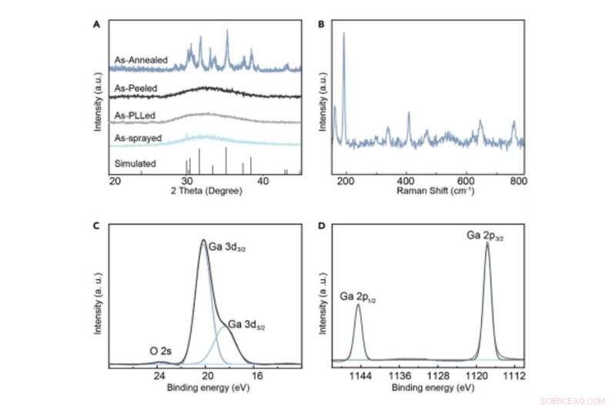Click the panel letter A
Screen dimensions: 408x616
click(96, 24)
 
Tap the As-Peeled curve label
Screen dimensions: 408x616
click(136, 89)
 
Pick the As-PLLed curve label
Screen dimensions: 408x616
click(136, 115)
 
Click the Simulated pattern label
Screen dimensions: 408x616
click(136, 164)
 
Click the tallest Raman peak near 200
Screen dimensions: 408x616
click(344, 35)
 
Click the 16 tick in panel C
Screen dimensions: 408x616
click(256, 375)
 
